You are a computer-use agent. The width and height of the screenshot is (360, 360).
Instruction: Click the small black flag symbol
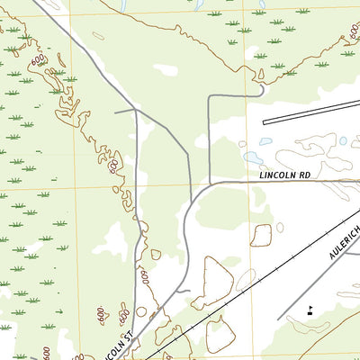(310, 310)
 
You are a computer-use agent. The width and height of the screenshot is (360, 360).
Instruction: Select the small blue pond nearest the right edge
(342, 141)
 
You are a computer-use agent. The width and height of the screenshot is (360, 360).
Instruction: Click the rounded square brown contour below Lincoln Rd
(260, 236)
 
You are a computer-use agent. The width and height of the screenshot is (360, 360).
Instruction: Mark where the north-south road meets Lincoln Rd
(209, 183)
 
